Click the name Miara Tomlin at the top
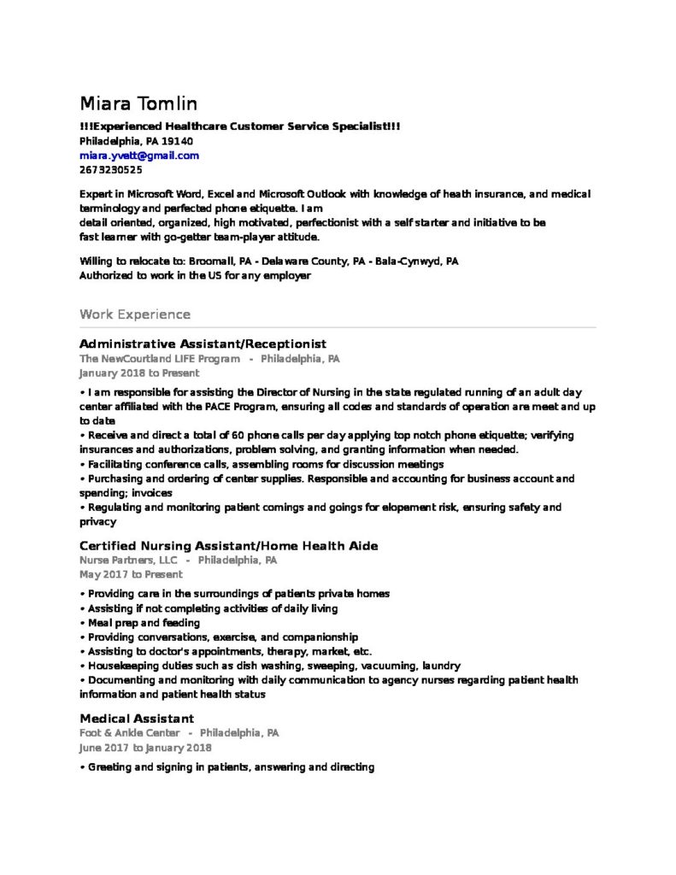(x=138, y=104)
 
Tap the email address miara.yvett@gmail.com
(x=139, y=156)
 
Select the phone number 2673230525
(x=111, y=170)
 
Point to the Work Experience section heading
(x=135, y=314)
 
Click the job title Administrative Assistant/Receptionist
(x=203, y=344)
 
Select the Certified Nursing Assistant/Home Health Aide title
(x=229, y=546)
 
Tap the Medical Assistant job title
(x=137, y=719)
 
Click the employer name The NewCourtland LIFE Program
(x=160, y=359)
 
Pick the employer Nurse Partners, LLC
(x=128, y=561)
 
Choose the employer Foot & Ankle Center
(x=130, y=733)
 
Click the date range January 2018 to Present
(x=139, y=373)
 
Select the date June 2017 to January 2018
(x=145, y=748)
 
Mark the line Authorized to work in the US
(x=195, y=276)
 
